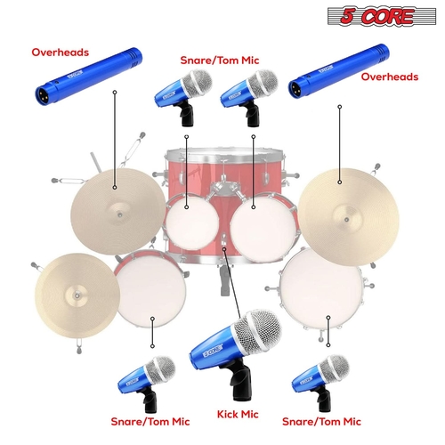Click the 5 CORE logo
392,17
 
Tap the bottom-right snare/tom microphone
320,378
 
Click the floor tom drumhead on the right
320,288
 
